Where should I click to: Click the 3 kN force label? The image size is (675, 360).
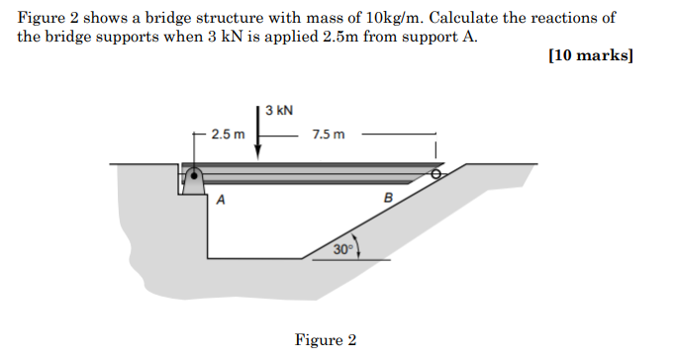click(x=278, y=110)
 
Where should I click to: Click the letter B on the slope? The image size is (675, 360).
click(x=388, y=197)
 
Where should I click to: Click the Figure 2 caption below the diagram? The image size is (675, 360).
click(x=325, y=340)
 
